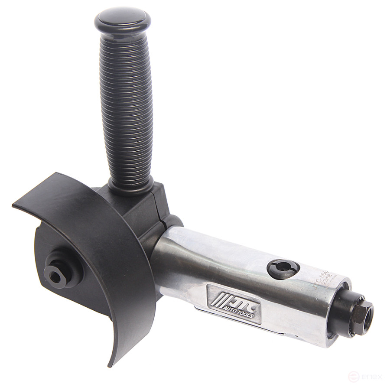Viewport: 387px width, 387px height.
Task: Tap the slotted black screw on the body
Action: pyautogui.click(x=281, y=269)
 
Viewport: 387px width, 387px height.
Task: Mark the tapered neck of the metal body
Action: pyautogui.click(x=173, y=256)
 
